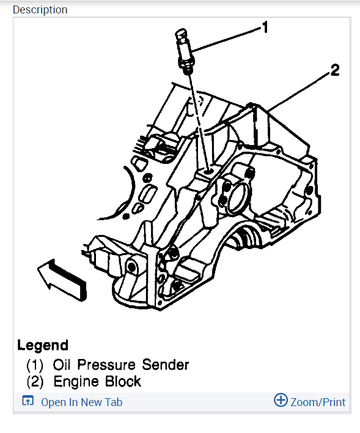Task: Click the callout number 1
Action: pos(265,27)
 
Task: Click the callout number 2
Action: pos(334,70)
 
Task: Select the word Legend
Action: pos(43,345)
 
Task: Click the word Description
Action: pos(40,10)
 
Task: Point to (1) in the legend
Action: pos(35,365)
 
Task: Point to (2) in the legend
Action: pos(35,382)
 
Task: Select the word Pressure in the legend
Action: pos(110,365)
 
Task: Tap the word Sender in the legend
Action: pos(166,365)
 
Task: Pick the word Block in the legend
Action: pos(122,382)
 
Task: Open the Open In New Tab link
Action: pos(81,402)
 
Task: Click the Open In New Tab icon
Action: pos(27,401)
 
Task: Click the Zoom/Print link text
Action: pos(317,402)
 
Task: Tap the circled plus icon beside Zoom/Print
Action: pos(281,401)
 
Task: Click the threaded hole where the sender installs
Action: pos(208,173)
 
